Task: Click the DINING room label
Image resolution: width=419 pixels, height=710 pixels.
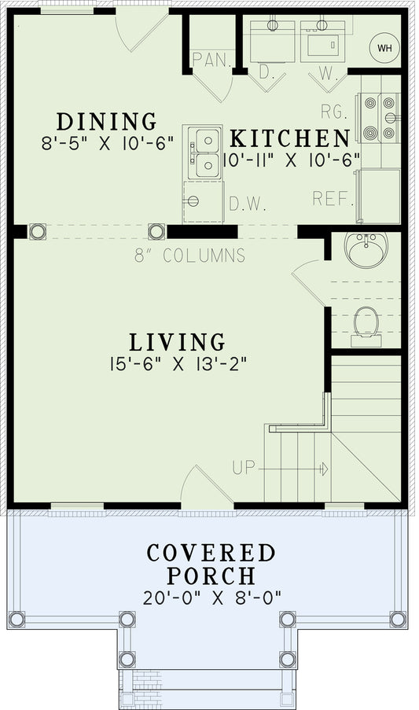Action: pos(106,122)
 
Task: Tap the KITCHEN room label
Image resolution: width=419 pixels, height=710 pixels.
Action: pos(289,138)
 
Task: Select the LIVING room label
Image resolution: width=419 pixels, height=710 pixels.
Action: pos(177,342)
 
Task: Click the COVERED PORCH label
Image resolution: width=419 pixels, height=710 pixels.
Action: pos(211,564)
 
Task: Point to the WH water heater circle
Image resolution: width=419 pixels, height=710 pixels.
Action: pos(384,48)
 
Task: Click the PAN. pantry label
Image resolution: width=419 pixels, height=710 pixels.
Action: pos(208,60)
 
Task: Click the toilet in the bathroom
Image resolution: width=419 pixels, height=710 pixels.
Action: pos(366,322)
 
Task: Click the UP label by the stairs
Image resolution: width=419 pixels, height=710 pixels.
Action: pos(244,469)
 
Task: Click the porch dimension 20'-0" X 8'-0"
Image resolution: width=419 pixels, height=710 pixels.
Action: pos(211,597)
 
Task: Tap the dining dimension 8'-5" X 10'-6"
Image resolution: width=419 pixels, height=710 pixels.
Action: pos(106,144)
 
